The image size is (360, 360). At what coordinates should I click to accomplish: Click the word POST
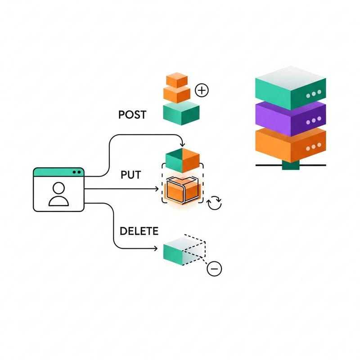pyautogui.click(x=132, y=115)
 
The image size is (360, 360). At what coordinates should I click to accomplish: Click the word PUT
pyautogui.click(x=131, y=175)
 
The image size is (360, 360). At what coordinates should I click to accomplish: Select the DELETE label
pyautogui.click(x=139, y=231)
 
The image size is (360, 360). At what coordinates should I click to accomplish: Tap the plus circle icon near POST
pyautogui.click(x=202, y=90)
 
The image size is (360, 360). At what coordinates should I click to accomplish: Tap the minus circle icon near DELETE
pyautogui.click(x=214, y=269)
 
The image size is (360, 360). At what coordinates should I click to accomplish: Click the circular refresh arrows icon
pyautogui.click(x=214, y=203)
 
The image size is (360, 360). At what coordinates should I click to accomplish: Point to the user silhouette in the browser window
pyautogui.click(x=58, y=194)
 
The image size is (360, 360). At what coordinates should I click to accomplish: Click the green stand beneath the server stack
pyautogui.click(x=290, y=166)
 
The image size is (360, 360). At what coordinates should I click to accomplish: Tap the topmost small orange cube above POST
pyautogui.click(x=176, y=80)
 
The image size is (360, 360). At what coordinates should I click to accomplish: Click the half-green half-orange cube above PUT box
pyautogui.click(x=182, y=157)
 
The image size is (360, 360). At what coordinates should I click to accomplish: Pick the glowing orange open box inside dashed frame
pyautogui.click(x=182, y=189)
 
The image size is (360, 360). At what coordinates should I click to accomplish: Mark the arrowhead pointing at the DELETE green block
pyautogui.click(x=156, y=248)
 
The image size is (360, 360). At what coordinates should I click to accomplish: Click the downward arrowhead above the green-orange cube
pyautogui.click(x=182, y=144)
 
